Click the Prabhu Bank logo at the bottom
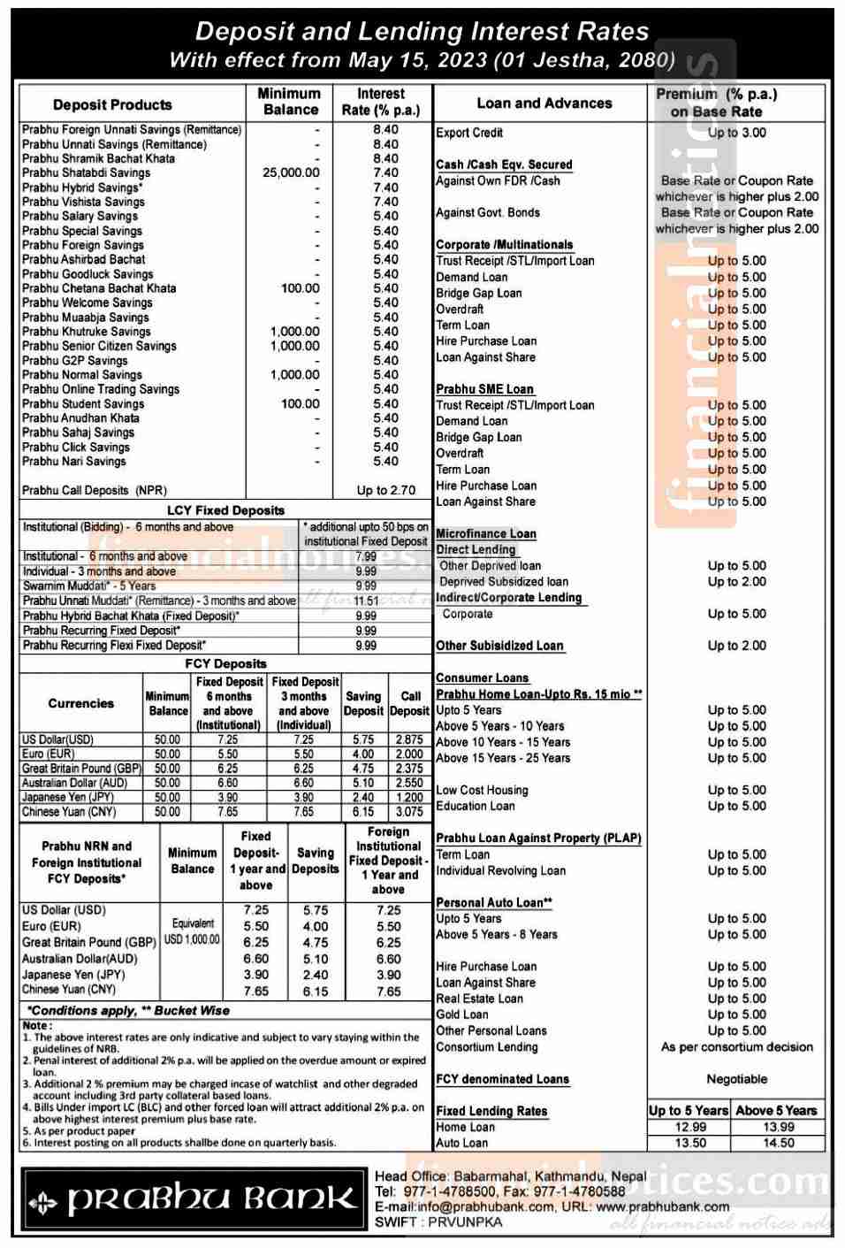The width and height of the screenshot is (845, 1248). tap(192, 1200)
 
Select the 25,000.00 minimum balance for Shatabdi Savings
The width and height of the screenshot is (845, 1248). tap(291, 172)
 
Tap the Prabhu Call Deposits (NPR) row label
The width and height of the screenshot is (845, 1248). tap(95, 490)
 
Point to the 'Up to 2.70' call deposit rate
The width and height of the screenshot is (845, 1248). tap(385, 490)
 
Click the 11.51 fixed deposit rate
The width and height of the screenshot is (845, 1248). tap(366, 601)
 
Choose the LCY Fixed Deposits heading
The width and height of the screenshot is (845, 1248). tap(225, 510)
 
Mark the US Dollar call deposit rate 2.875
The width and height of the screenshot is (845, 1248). tap(409, 739)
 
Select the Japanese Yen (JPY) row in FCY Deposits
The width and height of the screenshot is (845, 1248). tap(68, 797)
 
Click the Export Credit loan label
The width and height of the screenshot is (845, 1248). tap(469, 133)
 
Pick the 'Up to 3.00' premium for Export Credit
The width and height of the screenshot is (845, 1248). tap(736, 133)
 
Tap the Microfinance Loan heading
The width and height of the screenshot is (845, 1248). tap(486, 533)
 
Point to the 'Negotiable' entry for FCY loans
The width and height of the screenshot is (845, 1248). tap(736, 1079)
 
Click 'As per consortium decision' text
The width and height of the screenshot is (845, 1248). tap(736, 1047)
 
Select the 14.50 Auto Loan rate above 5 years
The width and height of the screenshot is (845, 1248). tap(778, 1143)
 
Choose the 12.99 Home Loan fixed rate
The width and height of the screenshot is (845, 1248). tap(690, 1127)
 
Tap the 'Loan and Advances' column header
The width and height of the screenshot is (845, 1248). tap(544, 103)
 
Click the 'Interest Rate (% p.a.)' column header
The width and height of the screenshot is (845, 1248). tap(381, 102)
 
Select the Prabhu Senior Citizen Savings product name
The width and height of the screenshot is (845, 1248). tap(99, 346)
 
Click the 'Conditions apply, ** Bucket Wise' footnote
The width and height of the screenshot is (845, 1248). tap(128, 1010)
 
